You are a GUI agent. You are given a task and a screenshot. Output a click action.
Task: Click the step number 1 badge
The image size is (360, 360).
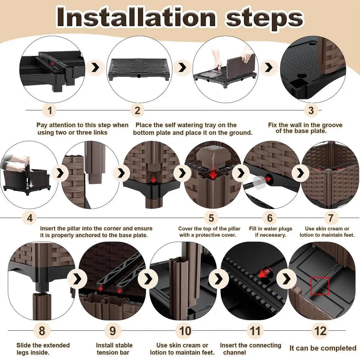point(50,110)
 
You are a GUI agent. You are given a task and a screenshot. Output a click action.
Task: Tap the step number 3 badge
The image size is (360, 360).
point(311,110)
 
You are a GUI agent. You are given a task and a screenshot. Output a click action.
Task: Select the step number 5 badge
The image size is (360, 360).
point(211,218)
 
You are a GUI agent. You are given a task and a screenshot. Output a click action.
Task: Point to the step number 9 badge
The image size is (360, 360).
point(113,331)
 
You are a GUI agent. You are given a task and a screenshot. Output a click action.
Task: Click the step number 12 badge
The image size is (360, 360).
point(320,331)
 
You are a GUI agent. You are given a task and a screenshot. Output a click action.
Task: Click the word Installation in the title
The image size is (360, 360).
point(136,17)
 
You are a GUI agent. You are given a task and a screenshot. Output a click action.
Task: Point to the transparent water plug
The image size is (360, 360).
point(259,183)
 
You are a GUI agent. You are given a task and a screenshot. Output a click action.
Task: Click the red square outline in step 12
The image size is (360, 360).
point(320,286)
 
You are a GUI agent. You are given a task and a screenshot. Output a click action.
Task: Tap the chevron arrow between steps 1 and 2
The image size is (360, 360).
point(96,68)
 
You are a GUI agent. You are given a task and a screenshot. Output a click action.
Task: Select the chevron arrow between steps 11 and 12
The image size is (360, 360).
point(287,279)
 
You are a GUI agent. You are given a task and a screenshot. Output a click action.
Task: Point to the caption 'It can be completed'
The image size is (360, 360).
point(323,348)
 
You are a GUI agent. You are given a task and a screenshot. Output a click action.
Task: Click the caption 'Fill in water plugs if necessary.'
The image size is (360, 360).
point(271,232)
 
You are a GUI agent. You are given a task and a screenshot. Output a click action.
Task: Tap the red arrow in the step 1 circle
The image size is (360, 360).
point(53,64)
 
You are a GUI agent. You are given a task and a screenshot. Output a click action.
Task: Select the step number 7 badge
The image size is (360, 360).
point(331,218)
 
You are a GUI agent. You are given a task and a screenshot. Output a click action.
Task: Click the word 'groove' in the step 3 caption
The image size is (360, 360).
point(332,125)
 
